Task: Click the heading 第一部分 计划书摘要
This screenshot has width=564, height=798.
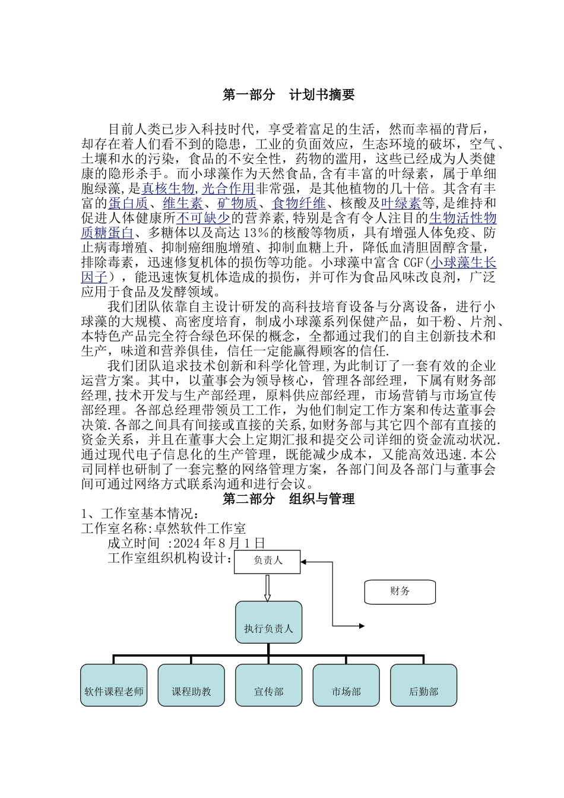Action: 289,95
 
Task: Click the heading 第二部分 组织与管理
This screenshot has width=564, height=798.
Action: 289,499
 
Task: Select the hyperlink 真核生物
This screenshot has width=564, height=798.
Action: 168,189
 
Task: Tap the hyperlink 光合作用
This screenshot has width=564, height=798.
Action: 229,189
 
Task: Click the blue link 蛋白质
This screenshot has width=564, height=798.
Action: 128,204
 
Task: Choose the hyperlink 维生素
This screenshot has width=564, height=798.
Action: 182,204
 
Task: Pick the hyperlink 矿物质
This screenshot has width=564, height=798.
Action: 237,204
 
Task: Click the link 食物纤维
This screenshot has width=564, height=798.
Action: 299,204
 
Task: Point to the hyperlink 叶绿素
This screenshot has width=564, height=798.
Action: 401,204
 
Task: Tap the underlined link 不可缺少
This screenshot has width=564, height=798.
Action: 203,218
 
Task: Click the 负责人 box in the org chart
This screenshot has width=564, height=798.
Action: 267,561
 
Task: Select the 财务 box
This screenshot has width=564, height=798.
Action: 400,592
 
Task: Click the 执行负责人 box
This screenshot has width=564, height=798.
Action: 268,622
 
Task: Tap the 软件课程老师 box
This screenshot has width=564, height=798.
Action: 113,685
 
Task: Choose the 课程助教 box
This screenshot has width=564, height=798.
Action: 191,685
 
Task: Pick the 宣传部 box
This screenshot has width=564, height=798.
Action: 268,685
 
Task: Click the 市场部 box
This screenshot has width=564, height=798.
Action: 346,685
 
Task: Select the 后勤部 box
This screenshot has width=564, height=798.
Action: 423,685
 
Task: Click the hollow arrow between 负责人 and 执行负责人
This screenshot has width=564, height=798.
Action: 267,588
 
